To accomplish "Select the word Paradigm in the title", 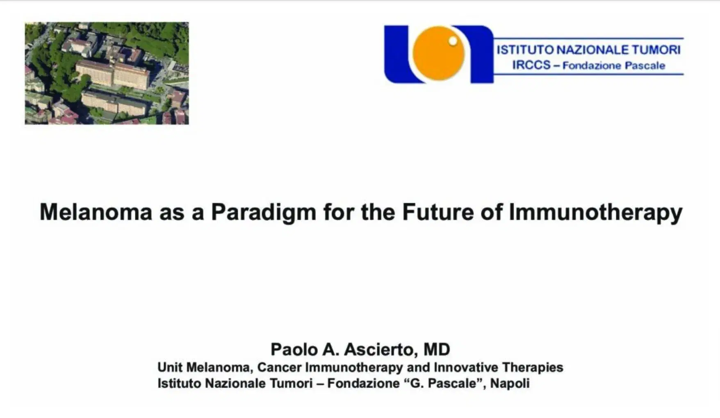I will [x=263, y=212].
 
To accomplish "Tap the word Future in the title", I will [x=437, y=212].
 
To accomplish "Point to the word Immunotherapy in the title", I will [x=595, y=213].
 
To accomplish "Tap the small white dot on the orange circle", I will [x=453, y=41].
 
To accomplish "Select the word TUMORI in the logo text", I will [x=656, y=50].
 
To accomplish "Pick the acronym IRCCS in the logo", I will [x=531, y=65].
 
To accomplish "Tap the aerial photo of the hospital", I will [x=107, y=73].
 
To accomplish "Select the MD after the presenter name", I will [x=437, y=349].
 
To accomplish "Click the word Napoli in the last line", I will [x=510, y=384].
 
